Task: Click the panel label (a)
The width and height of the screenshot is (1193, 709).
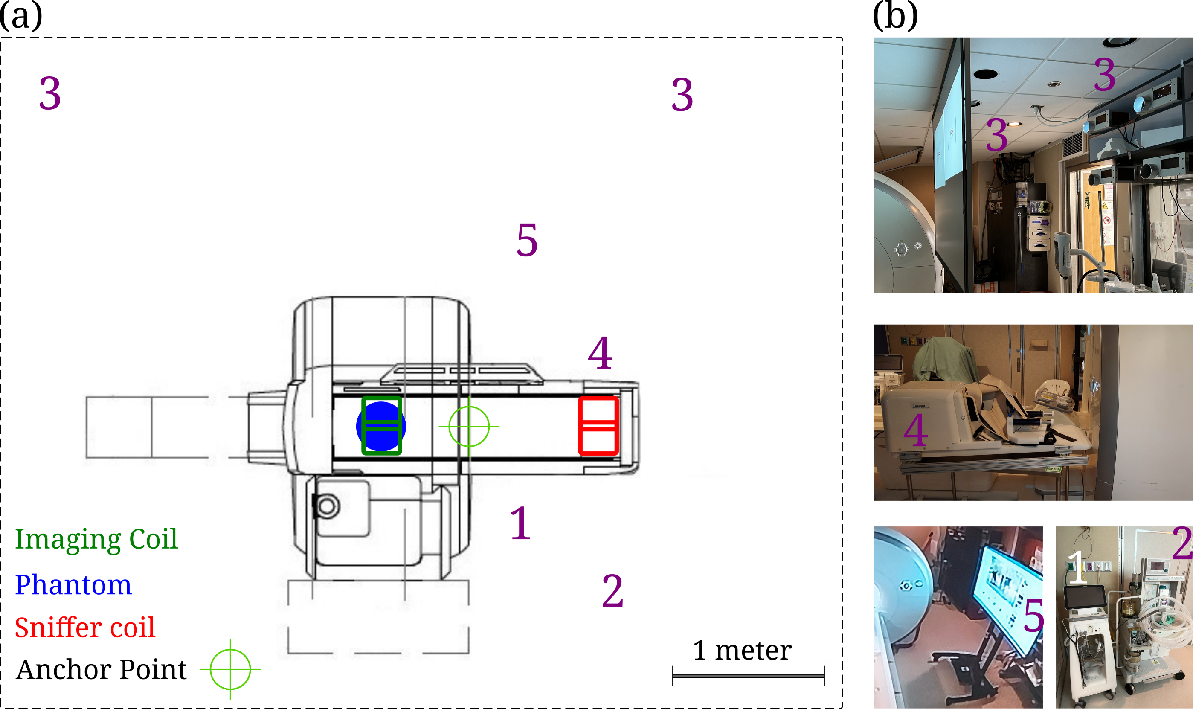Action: coord(21,16)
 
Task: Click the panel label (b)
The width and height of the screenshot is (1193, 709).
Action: coord(895,16)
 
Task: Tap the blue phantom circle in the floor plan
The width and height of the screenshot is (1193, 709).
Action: coord(381,426)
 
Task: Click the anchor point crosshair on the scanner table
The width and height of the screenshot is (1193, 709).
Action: coord(469,426)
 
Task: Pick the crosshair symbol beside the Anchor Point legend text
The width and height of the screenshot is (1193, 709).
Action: coord(230,669)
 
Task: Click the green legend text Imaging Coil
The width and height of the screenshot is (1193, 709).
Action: coord(96,539)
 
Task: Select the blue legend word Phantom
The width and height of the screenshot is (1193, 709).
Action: coord(73,584)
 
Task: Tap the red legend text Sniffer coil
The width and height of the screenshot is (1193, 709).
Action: coord(85,627)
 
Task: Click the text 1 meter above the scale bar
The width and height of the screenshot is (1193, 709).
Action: coord(742,650)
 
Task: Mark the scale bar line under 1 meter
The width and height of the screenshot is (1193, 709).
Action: coord(749,676)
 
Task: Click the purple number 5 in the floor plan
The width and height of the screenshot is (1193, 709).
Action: coord(527,240)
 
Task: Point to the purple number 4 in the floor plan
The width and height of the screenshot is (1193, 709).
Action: coord(600,353)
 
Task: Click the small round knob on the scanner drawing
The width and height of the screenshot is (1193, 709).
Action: coord(327,506)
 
